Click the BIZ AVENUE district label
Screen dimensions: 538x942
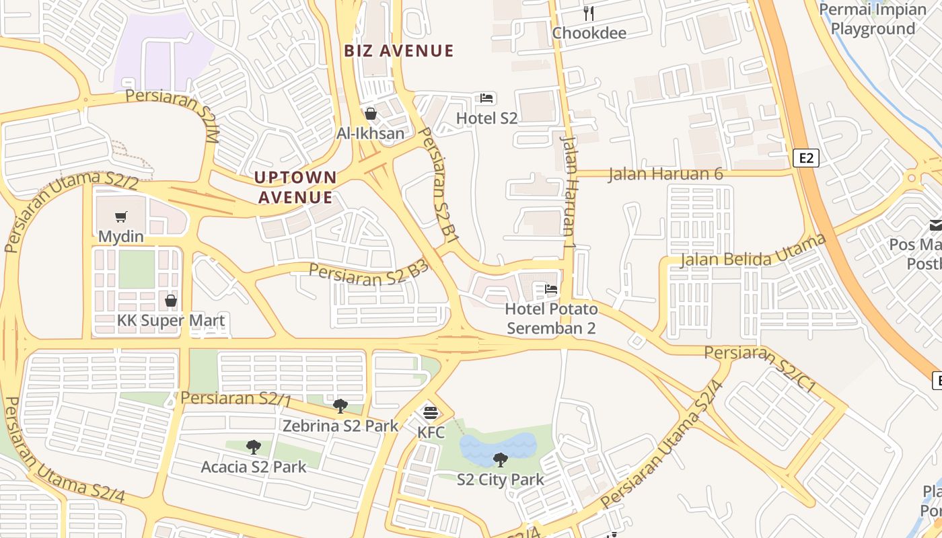point(399,50)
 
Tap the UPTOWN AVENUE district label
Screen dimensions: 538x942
point(295,187)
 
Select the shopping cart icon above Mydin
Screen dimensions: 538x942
point(121,217)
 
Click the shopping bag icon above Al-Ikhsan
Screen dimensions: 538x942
point(370,114)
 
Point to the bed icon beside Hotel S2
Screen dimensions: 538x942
point(486,98)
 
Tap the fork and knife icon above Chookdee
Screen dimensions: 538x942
point(589,13)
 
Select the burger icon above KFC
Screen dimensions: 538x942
point(431,412)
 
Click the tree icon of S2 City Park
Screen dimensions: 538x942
point(500,460)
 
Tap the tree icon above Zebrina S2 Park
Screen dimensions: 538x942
point(340,406)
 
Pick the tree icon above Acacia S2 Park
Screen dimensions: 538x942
point(253,447)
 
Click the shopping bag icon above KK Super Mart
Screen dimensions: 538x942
point(171,301)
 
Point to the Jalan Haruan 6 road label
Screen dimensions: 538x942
point(665,174)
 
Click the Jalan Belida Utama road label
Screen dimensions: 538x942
point(753,252)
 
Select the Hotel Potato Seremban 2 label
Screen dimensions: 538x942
point(551,319)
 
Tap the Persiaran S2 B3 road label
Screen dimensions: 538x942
point(369,273)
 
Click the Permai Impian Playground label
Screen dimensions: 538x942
point(873,19)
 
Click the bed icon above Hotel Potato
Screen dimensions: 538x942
point(551,290)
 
